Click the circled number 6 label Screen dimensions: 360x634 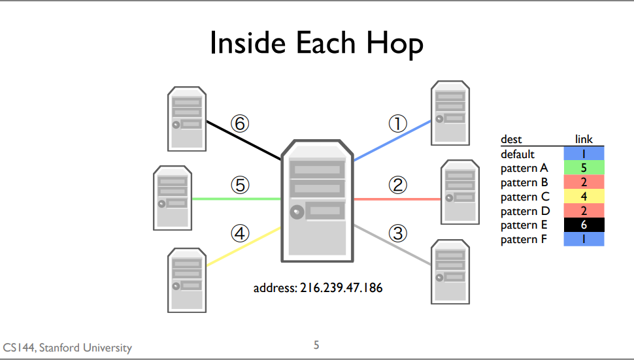(240, 123)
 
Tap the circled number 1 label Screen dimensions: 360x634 (398, 123)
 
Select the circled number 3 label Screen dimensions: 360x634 (398, 233)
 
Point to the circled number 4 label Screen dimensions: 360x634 (240, 233)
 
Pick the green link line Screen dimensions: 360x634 (235, 199)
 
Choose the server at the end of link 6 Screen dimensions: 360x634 (186, 118)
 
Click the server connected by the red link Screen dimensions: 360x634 (461, 192)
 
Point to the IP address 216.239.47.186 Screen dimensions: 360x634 (318, 287)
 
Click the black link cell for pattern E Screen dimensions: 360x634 (584, 225)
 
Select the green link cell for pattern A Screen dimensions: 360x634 (584, 169)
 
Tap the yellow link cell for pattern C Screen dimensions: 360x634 (584, 197)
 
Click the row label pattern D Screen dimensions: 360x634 (526, 211)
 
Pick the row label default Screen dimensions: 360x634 (518, 154)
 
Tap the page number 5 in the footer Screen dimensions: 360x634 (317, 345)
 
